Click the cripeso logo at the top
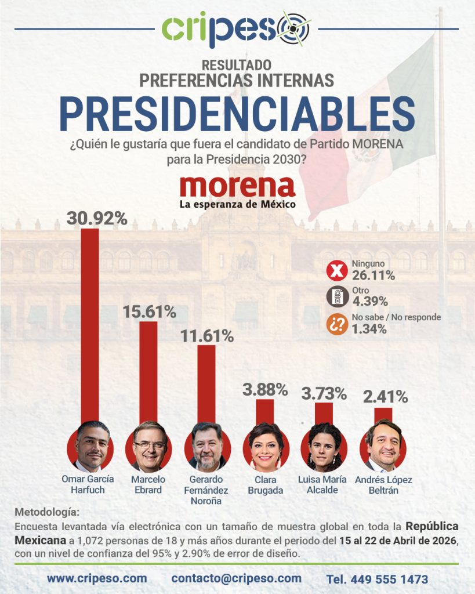(x=237, y=29)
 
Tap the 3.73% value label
(x=324, y=394)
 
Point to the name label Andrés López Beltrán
(x=383, y=484)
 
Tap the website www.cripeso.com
(x=96, y=578)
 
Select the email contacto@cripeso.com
(x=236, y=578)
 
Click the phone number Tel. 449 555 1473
(x=377, y=579)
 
